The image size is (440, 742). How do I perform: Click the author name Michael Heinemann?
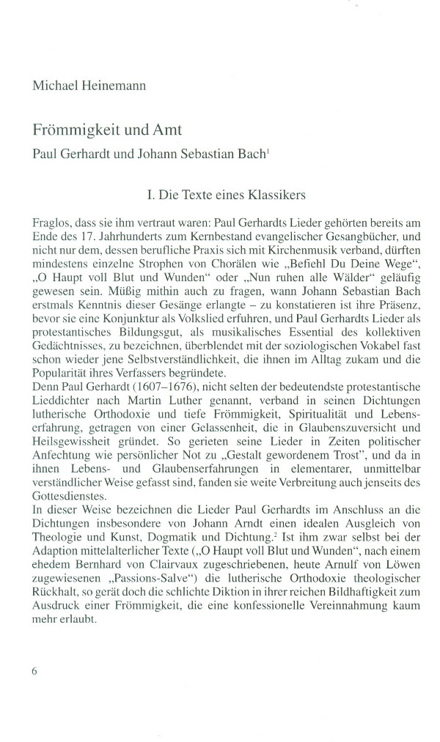(89, 86)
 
